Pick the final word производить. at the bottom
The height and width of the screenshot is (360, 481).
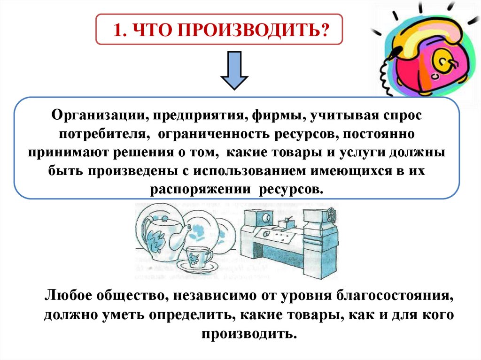[249, 334]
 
